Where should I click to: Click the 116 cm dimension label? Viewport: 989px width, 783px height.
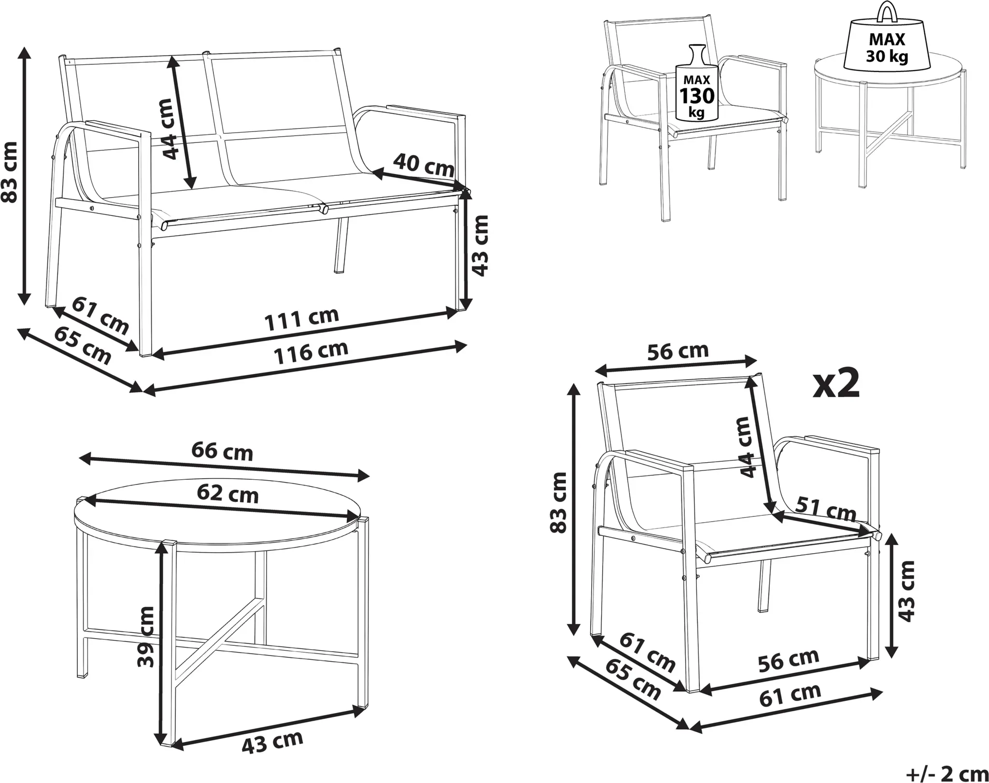311,352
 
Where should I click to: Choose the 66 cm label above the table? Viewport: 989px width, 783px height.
222,451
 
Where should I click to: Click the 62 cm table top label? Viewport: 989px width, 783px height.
227,494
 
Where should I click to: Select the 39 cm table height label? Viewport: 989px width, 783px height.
145,637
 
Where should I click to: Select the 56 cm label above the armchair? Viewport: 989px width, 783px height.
678,351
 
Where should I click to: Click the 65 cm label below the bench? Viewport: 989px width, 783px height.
82,345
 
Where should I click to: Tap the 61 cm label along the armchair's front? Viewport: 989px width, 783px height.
790,695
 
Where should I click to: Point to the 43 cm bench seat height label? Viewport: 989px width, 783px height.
480,245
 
